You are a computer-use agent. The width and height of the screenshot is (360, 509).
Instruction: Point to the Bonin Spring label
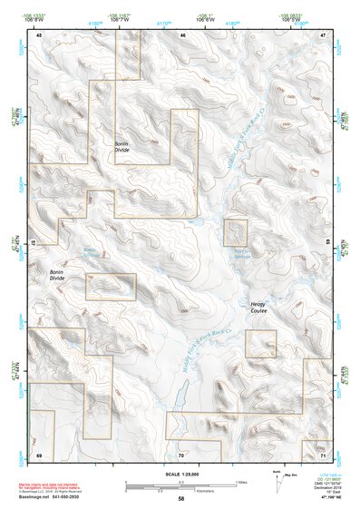(x=88, y=251)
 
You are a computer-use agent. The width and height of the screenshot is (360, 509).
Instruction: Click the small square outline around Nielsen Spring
(x=236, y=232)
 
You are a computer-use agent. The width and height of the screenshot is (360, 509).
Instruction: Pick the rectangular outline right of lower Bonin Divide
(x=110, y=287)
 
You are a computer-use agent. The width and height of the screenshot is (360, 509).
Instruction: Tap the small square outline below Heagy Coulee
(x=260, y=344)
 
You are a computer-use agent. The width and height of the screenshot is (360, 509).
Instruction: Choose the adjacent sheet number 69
(x=39, y=453)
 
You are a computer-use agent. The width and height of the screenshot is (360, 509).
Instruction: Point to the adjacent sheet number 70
(x=180, y=453)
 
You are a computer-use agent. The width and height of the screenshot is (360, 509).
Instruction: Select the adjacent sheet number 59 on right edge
(x=327, y=243)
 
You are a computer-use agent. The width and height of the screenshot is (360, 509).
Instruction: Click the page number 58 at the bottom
(x=180, y=498)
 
